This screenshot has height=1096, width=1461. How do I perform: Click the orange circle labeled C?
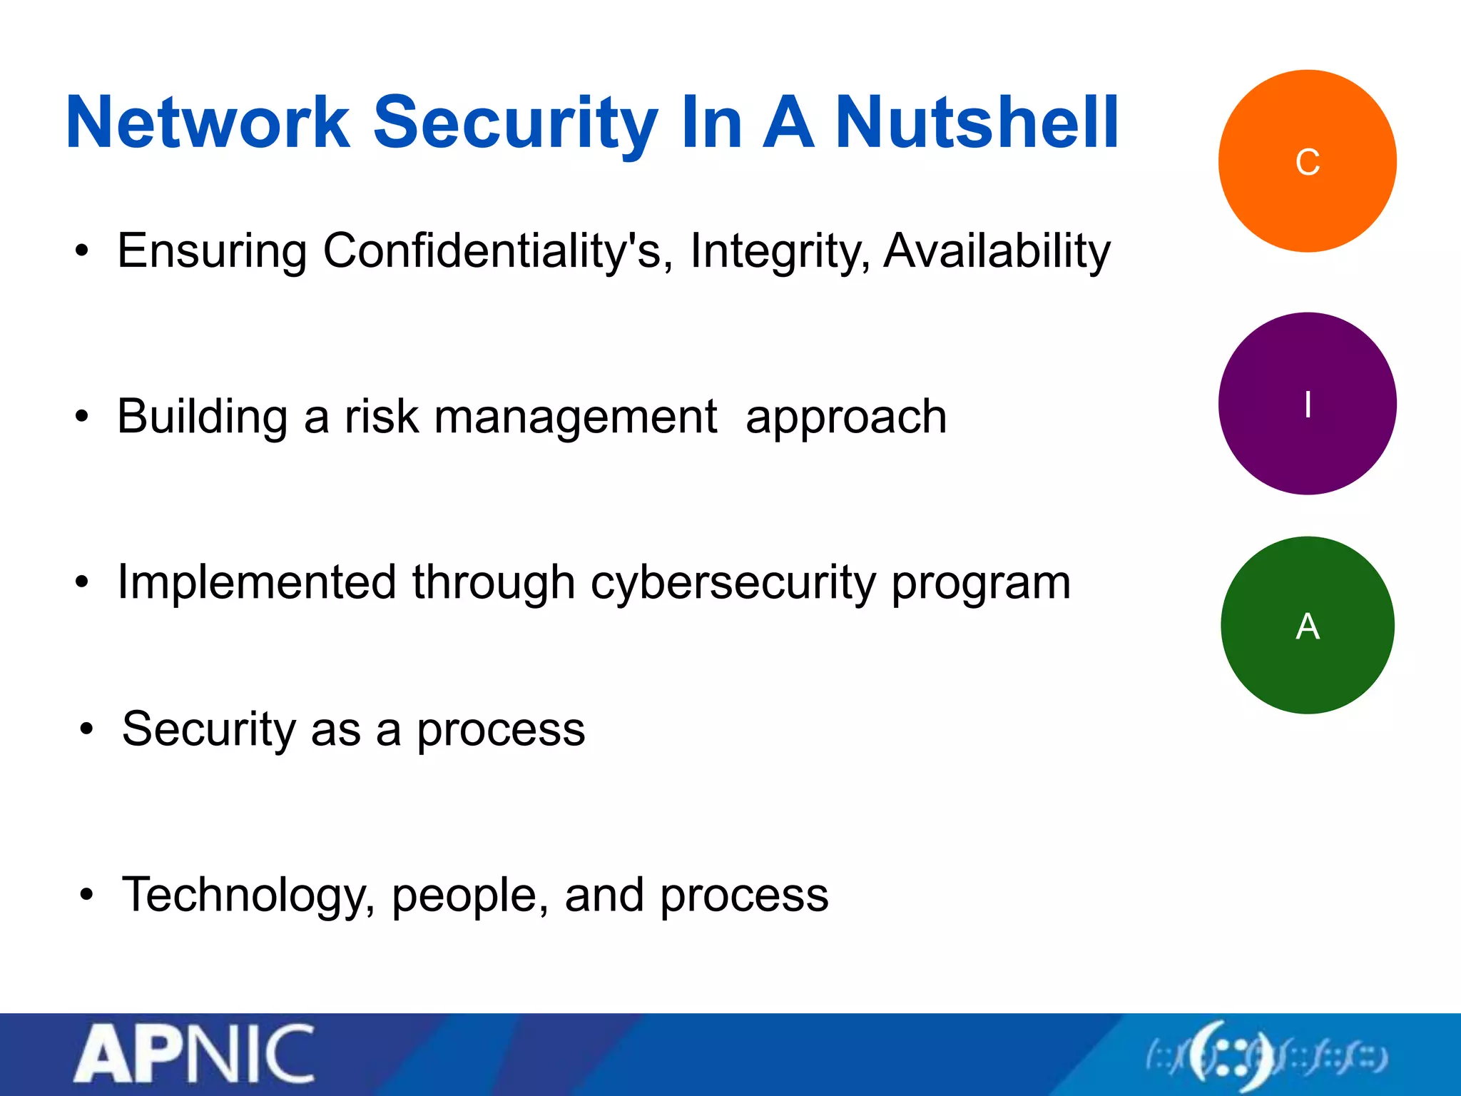pos(1307,161)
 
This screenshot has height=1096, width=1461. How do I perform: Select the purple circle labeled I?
pos(1307,404)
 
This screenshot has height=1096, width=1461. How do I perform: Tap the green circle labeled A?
pos(1307,626)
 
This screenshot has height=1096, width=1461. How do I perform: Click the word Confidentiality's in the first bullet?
pos(497,251)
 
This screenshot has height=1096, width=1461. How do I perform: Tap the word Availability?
pos(997,251)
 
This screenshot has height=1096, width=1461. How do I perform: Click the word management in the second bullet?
pos(575,417)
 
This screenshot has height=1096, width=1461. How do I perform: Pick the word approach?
pos(846,417)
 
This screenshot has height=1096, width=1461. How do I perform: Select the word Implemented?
pos(257,582)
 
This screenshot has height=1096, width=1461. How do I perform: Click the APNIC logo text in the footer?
pos(194,1055)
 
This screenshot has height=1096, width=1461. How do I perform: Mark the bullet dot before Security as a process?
pos(87,730)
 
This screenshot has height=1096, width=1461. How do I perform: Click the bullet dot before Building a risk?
pos(83,417)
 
